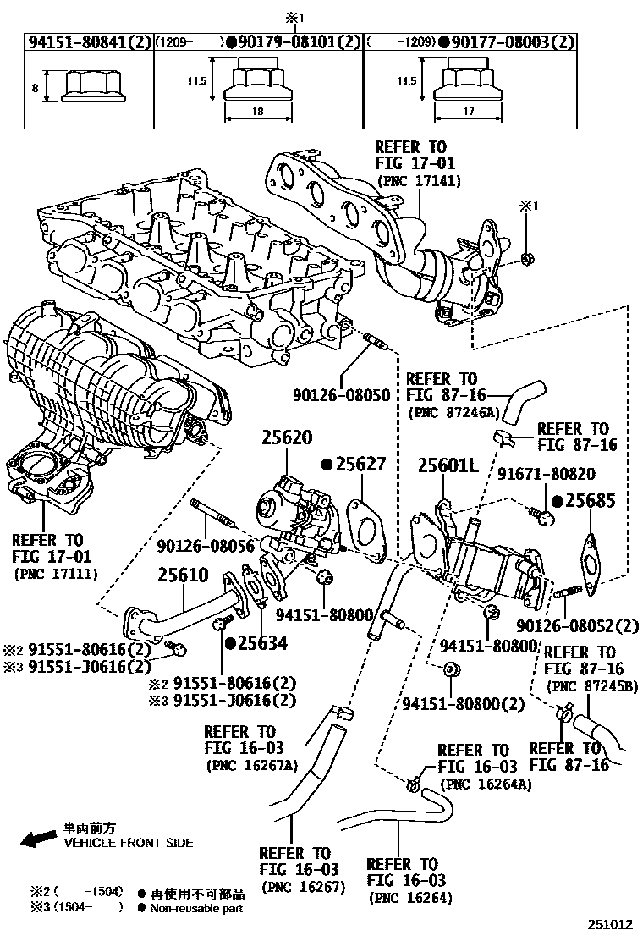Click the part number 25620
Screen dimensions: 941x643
[286, 438]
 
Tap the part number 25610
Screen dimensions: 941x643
[182, 575]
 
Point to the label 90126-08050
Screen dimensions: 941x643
[341, 395]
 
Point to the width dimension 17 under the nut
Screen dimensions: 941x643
[468, 111]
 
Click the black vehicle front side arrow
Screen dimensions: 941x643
[37, 839]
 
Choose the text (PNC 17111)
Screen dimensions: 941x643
[56, 574]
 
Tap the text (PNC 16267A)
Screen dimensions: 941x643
[252, 764]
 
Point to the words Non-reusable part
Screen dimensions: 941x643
[196, 908]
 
